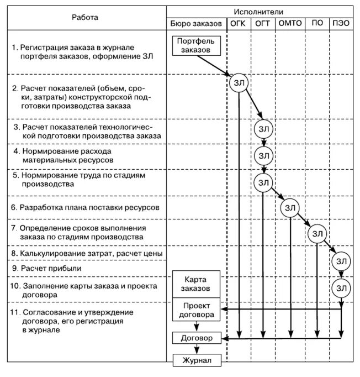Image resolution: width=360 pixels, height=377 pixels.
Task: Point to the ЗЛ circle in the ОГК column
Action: (239, 82)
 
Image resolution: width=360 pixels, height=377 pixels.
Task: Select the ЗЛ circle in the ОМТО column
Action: (290, 208)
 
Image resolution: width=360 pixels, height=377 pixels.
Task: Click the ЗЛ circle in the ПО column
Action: (317, 233)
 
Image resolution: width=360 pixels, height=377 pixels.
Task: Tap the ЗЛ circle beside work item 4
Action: (263, 154)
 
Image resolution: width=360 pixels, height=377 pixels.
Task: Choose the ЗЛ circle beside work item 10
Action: (341, 287)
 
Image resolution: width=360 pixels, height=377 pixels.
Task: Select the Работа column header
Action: (85, 17)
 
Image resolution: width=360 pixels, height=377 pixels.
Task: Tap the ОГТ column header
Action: (263, 24)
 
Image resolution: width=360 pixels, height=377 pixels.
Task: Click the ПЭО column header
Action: (341, 24)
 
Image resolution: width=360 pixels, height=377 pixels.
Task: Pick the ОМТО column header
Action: (290, 24)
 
